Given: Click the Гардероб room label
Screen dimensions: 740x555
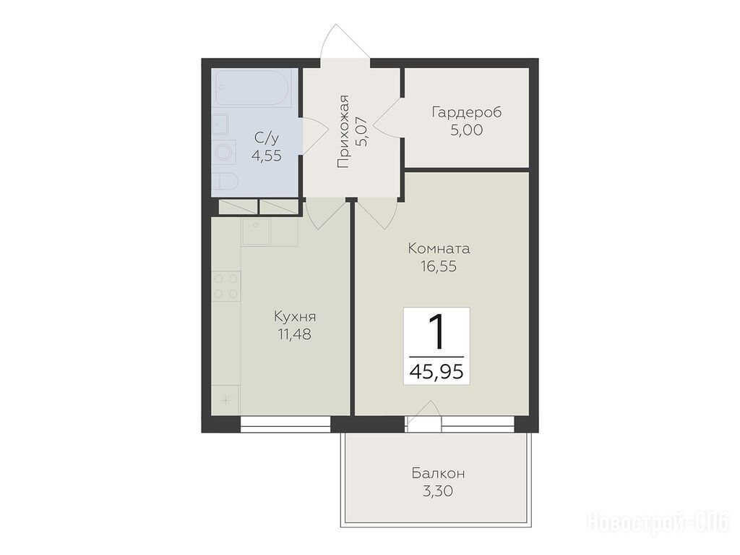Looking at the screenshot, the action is [x=466, y=112].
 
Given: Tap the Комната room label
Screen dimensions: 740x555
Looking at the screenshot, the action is [x=439, y=248].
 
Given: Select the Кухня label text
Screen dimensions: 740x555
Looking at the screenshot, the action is [x=295, y=316].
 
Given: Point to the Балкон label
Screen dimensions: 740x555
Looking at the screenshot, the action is [x=439, y=473].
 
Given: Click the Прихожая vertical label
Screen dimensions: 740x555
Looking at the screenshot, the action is [x=343, y=132].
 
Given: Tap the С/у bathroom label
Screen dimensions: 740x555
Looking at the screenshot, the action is [x=267, y=137].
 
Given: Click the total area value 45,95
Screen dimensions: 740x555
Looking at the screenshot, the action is [x=436, y=372].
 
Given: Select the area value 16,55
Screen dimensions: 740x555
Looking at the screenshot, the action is [x=439, y=266].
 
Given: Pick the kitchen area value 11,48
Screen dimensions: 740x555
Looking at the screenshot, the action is [x=295, y=334].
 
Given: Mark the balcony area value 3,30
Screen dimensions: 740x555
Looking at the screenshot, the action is [x=438, y=491].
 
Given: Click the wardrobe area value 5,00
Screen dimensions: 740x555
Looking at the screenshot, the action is [x=466, y=130].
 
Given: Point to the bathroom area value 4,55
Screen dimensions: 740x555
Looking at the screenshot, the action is [x=267, y=155].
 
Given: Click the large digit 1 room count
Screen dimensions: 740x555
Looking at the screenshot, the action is [x=437, y=332].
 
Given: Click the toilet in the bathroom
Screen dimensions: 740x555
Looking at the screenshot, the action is [x=225, y=182].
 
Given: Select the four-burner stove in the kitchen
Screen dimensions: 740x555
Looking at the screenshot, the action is [x=226, y=286].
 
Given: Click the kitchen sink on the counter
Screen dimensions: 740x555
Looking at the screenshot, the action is [x=256, y=232].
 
